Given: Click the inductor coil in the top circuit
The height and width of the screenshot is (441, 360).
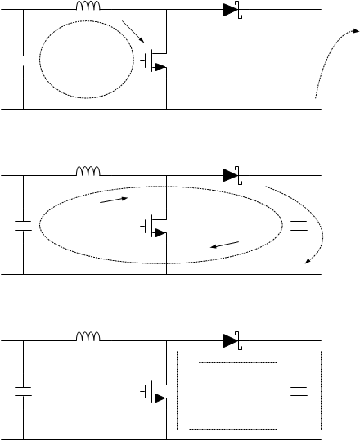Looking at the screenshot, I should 88,7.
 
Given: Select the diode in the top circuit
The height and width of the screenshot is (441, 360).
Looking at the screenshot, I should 232,11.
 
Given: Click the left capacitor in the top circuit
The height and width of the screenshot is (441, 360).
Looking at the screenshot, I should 23,60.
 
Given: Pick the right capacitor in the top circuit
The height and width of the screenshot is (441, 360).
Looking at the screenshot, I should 299,60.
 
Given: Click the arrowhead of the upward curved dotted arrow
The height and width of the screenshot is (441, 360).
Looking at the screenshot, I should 357,33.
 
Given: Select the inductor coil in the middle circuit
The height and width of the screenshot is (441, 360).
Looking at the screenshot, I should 88,171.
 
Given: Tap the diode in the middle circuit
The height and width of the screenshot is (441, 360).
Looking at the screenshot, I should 232,174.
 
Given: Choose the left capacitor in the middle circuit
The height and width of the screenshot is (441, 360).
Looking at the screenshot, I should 23,224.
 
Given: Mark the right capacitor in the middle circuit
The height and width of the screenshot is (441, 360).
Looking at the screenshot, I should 299,224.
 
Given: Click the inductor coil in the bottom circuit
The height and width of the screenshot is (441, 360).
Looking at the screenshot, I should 88,335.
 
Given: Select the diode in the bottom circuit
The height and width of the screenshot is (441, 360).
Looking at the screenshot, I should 232,338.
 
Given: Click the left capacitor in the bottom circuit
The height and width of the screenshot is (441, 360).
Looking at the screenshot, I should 23,390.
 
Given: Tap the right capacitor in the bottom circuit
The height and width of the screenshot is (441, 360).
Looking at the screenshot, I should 299,390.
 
